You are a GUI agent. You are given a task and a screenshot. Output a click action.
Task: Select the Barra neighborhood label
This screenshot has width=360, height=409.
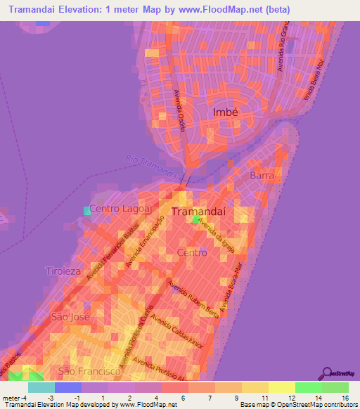pos(262,175)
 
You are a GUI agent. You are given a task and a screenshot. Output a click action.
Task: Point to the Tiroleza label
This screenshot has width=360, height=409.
pos(64,271)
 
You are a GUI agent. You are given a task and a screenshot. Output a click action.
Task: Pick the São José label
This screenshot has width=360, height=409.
pos(68,317)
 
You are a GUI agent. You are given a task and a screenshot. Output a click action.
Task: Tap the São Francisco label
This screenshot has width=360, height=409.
pos(86,370)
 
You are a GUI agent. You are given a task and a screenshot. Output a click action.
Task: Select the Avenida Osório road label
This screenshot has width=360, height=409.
pos(179,108)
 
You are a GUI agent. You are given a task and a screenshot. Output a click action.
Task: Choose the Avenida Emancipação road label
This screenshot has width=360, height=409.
pos(145,242)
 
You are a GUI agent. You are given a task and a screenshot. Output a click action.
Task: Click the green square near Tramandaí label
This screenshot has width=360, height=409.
pos(195,219)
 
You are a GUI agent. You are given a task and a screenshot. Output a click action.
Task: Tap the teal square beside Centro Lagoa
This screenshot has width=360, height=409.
pos(87,210)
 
